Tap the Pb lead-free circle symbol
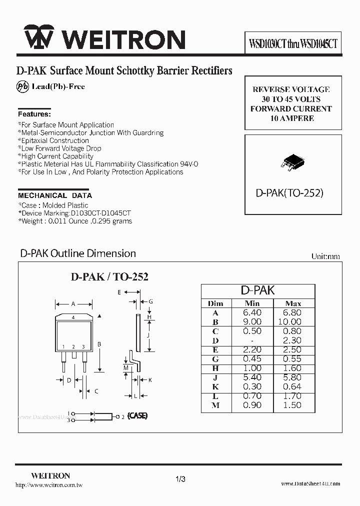pos(23,86)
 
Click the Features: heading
pos(34,114)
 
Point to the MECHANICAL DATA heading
pos(55,195)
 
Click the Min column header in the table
pos(252,303)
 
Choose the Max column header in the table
pos(292,303)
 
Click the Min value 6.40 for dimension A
pos(252,313)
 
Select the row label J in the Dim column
pos(215,377)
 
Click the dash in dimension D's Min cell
pos(252,340)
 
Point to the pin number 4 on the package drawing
pos(73,317)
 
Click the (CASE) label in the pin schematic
pos(137,416)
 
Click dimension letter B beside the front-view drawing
pos(99,344)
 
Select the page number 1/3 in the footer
pos(180,479)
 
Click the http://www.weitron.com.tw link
pos(48,485)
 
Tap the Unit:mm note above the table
pos(325,256)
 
